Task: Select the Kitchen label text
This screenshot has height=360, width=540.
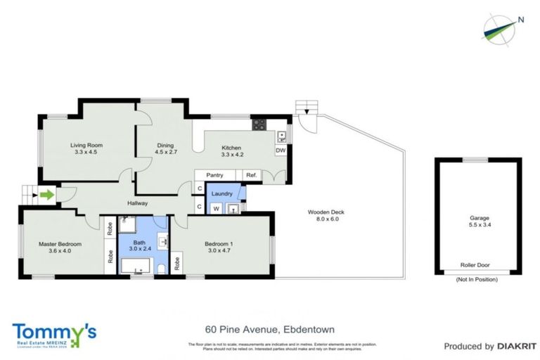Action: [232, 150]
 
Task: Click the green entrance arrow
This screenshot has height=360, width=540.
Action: [46, 195]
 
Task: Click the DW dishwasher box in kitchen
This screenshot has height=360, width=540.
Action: [280, 150]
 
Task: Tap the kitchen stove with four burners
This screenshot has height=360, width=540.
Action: [259, 125]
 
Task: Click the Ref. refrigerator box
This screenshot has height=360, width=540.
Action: [252, 175]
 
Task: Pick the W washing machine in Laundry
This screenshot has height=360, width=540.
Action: [216, 207]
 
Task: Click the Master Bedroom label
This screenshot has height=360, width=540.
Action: [60, 247]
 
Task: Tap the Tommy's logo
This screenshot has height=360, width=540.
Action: [53, 333]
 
